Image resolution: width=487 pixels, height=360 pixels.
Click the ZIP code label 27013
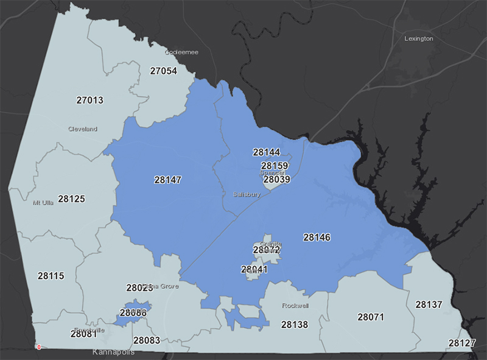point(89,101)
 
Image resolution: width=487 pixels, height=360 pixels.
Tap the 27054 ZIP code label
point(163,71)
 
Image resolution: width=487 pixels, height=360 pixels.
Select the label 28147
point(167,180)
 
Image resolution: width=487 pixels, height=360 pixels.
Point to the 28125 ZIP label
point(71,199)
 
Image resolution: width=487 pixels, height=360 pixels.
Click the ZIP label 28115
point(51,276)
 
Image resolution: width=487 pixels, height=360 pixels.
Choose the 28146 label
point(317,238)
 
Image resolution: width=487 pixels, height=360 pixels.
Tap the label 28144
point(267,152)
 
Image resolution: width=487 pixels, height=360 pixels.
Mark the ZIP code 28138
point(295,325)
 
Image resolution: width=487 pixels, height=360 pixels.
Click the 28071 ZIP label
point(371,317)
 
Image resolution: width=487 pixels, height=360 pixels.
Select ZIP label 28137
point(429,304)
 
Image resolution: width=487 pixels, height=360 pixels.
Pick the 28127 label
point(462,344)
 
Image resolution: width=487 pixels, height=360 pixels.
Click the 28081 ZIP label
point(84,334)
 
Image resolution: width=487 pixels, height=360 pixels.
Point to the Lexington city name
point(418,38)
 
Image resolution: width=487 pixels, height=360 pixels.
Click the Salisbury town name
point(247,194)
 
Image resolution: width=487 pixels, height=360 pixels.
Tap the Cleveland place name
point(82,129)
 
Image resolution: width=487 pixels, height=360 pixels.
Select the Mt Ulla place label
point(43,203)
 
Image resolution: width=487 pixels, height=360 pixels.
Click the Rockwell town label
point(296,306)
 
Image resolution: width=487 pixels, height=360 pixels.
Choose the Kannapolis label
point(113,352)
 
